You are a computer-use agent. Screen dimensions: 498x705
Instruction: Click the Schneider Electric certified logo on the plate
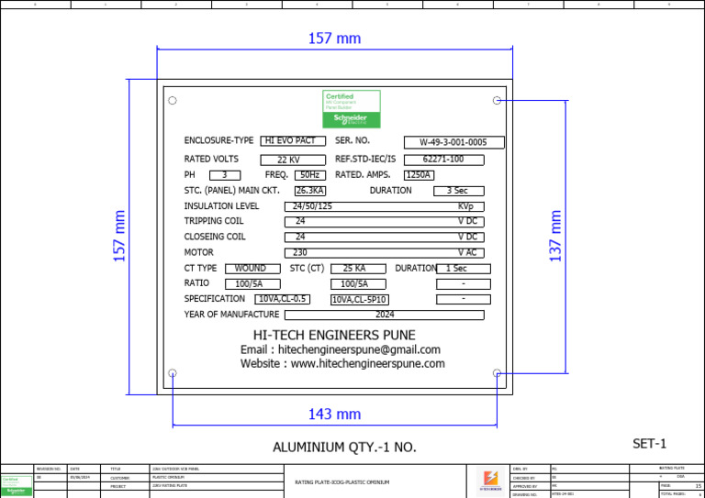(x=352, y=109)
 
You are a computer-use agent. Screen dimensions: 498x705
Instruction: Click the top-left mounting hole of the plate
(x=173, y=101)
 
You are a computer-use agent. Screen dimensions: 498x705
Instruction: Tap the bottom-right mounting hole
(x=497, y=373)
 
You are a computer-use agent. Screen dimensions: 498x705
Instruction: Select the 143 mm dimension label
(x=334, y=415)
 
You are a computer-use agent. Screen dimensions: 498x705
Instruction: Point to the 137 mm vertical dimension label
(x=555, y=236)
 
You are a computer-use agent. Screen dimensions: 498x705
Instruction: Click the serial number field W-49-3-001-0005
(x=461, y=142)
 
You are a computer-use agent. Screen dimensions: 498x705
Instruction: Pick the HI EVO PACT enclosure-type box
(x=290, y=141)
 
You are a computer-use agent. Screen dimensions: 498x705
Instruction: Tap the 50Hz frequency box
(x=310, y=174)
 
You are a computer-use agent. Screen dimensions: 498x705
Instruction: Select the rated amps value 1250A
(x=419, y=174)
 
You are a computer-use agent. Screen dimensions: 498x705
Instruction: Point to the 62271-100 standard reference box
(x=442, y=160)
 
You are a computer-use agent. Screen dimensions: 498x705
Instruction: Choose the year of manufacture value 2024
(x=385, y=315)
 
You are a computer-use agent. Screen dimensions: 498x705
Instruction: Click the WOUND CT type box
(x=251, y=269)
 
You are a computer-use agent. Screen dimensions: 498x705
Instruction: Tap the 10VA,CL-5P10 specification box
(x=360, y=299)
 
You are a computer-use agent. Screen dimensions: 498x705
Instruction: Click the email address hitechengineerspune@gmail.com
(x=341, y=349)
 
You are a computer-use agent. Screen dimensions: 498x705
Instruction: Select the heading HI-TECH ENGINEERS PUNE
(x=334, y=335)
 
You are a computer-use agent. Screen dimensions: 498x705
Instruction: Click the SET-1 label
(x=649, y=444)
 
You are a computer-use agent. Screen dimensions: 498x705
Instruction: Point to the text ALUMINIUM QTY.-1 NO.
(x=344, y=448)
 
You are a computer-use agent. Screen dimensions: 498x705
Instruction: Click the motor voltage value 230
(x=300, y=252)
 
